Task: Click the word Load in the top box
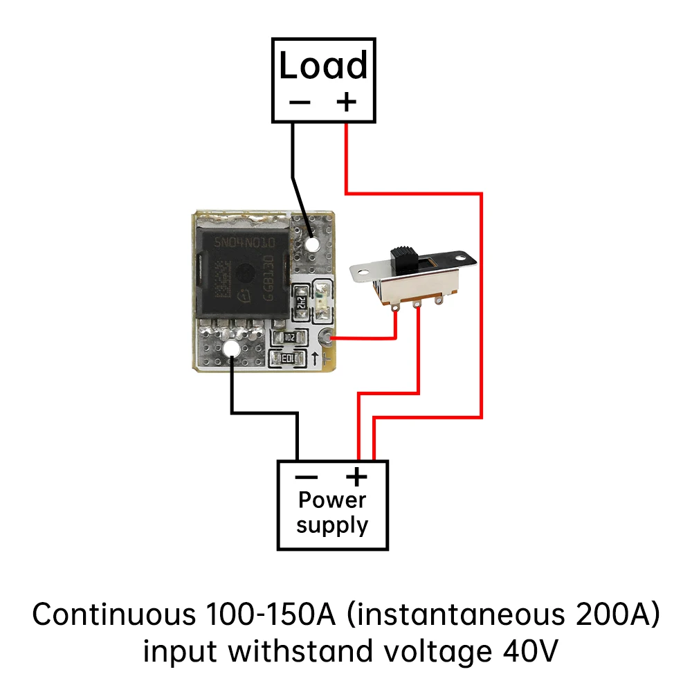click(323, 67)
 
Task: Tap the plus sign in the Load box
click(346, 102)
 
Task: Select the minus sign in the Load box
click(300, 102)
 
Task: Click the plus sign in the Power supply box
click(356, 477)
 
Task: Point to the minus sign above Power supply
click(306, 477)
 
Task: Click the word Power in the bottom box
click(332, 500)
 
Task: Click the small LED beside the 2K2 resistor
click(322, 300)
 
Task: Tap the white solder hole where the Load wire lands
click(312, 245)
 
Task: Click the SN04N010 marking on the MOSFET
click(244, 244)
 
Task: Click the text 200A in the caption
click(610, 614)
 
